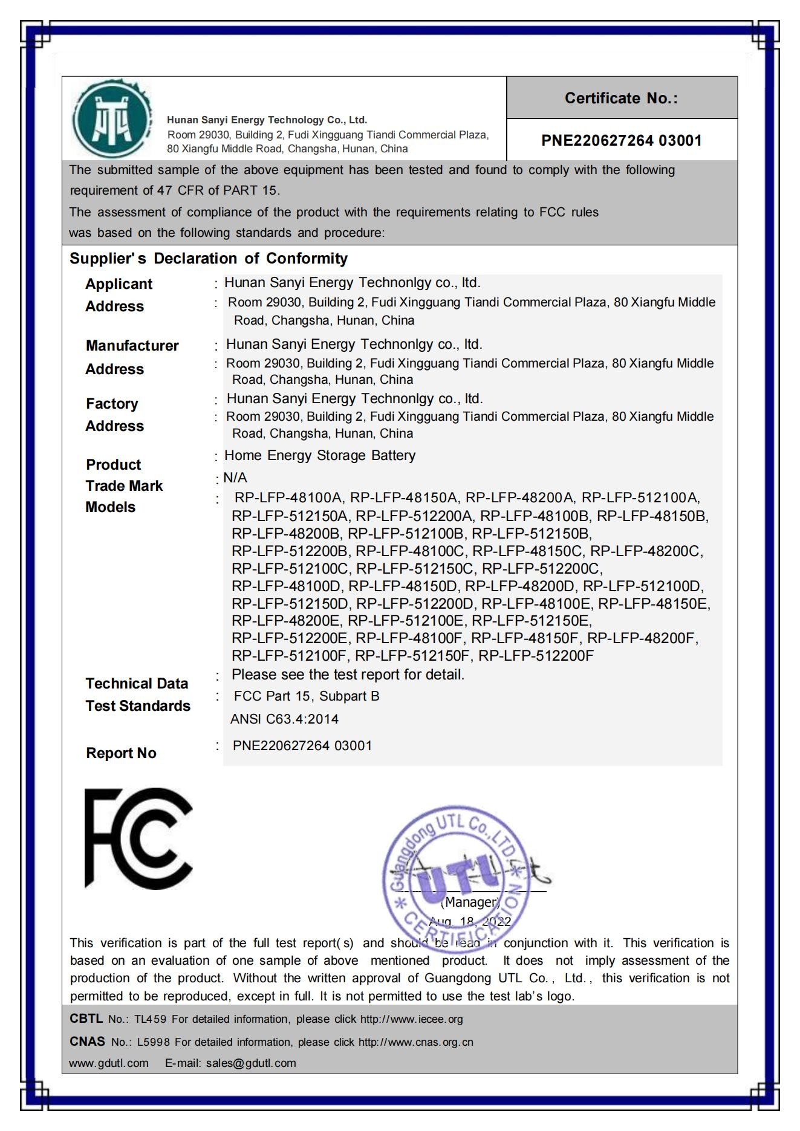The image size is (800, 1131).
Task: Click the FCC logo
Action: tap(138, 838)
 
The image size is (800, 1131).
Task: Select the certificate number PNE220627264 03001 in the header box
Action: tap(621, 141)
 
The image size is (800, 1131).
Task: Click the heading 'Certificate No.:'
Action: tap(621, 98)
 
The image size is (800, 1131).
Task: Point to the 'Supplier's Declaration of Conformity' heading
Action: tap(209, 259)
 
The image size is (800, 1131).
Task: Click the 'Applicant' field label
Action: tap(119, 284)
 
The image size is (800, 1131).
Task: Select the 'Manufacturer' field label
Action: tap(132, 346)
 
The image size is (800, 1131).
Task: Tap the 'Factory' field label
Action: tap(112, 404)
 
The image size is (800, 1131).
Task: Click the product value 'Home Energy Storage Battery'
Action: tap(320, 455)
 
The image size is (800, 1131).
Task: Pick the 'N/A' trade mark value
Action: tap(235, 478)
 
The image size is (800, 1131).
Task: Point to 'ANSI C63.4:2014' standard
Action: tap(284, 719)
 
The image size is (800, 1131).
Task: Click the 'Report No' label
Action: tap(121, 753)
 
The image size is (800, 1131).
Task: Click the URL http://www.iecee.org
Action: tap(411, 1019)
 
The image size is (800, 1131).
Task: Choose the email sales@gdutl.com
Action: tap(251, 1063)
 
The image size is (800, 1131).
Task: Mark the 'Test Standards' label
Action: tap(138, 706)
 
